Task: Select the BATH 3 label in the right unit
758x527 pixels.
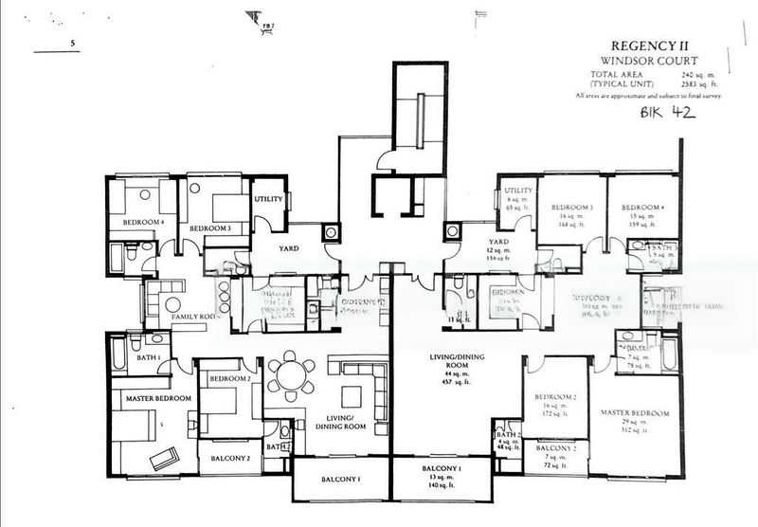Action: pos(665,246)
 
